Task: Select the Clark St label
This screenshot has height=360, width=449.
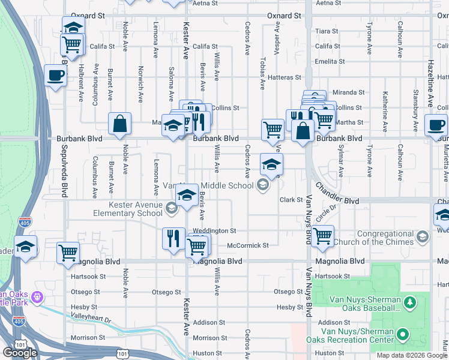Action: point(291,200)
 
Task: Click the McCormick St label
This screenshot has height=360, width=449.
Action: point(247,245)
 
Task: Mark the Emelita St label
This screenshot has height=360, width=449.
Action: point(329,61)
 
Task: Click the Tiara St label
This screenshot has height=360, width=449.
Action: point(327,31)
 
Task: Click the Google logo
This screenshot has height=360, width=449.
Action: point(20,352)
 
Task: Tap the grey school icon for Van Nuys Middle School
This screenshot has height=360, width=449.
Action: point(262,185)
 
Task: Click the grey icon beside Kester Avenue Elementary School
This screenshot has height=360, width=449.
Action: point(171,208)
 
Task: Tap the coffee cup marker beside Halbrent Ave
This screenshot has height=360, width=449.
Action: point(56,76)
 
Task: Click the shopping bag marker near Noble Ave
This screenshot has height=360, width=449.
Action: point(120,123)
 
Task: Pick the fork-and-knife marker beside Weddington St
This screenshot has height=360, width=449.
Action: point(173,238)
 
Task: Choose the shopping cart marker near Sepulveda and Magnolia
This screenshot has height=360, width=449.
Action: point(68,253)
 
